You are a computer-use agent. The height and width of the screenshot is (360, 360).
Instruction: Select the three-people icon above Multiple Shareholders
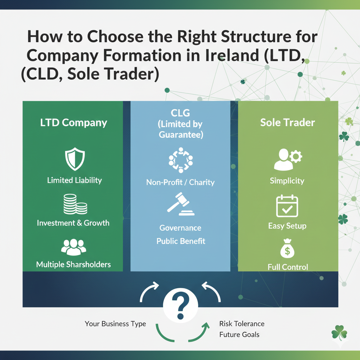click(x=73, y=247)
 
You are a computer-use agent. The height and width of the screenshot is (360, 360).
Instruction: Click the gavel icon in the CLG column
click(x=180, y=204)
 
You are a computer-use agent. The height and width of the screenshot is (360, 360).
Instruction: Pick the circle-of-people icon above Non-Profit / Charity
click(x=180, y=160)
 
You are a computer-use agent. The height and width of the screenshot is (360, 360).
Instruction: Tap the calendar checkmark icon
click(x=287, y=206)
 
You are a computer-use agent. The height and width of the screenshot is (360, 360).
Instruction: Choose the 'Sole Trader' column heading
click(x=287, y=123)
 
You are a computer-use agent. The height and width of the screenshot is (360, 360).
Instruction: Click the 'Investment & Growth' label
click(x=73, y=223)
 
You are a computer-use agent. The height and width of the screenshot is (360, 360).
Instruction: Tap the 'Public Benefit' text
click(x=181, y=242)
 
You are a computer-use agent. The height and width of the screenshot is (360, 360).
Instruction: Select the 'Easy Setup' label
click(x=287, y=226)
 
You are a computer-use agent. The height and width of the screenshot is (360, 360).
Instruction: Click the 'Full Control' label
click(x=288, y=267)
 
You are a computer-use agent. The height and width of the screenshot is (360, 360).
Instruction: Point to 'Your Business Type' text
click(x=115, y=324)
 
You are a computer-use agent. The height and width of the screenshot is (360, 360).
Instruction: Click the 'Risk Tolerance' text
click(x=242, y=323)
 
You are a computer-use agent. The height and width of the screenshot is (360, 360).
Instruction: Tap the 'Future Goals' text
click(x=239, y=334)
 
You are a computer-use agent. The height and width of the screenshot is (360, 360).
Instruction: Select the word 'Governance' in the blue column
click(x=180, y=228)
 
